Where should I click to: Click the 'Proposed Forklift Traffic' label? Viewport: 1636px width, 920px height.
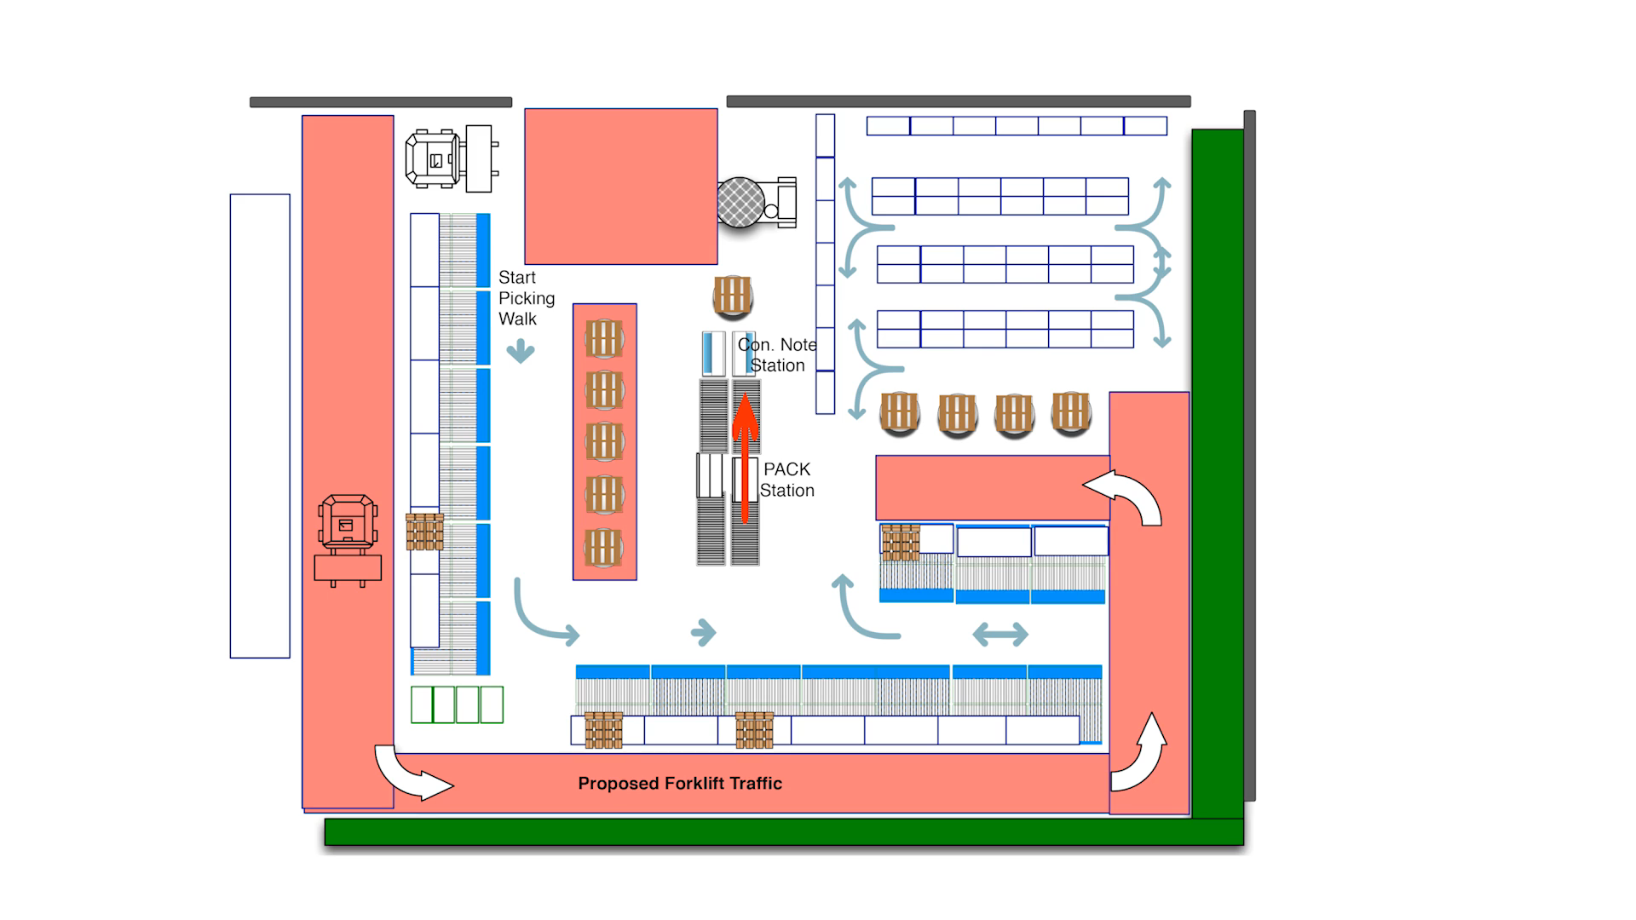click(679, 784)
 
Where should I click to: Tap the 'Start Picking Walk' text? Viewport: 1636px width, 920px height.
click(526, 298)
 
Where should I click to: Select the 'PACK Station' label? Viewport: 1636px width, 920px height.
click(786, 480)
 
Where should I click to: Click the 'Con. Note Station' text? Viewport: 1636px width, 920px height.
click(777, 355)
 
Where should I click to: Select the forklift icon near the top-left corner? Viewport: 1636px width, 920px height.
click(450, 158)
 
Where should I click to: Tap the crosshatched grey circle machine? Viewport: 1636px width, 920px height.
click(740, 203)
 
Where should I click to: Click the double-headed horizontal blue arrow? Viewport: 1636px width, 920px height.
click(1000, 634)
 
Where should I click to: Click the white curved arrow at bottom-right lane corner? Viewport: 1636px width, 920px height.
click(1140, 756)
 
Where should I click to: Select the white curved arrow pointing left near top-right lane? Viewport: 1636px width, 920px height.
click(1125, 497)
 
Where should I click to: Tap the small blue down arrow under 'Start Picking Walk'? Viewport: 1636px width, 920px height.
click(521, 351)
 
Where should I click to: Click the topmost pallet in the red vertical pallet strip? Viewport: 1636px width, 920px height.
click(604, 339)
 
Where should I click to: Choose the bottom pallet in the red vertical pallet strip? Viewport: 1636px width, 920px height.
click(604, 548)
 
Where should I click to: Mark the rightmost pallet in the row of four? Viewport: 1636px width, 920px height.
click(1071, 413)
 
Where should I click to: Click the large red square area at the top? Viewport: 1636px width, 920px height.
click(620, 186)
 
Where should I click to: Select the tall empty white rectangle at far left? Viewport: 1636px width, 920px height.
click(260, 426)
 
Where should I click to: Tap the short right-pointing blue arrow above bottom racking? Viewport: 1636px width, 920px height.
click(704, 632)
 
